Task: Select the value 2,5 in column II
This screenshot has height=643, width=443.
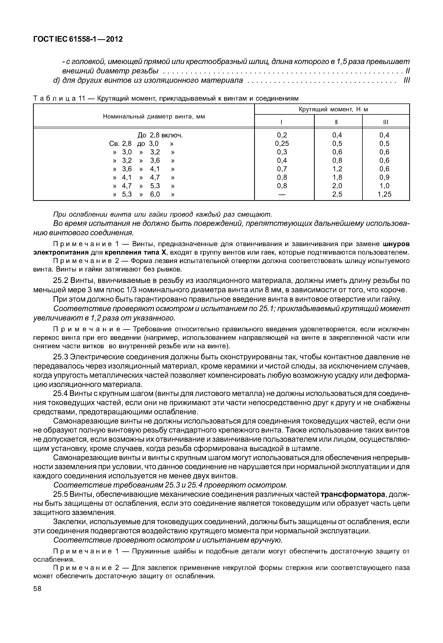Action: pyautogui.click(x=337, y=194)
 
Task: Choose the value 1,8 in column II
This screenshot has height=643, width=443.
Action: pyautogui.click(x=337, y=177)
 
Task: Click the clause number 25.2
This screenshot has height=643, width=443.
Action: pyautogui.click(x=61, y=281)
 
